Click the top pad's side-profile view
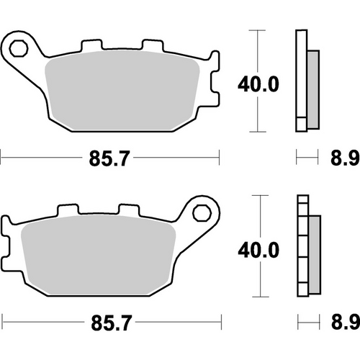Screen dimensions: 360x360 coord(306,81)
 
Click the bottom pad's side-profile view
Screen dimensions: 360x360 coord(306,246)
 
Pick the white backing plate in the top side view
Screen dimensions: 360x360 coord(301,81)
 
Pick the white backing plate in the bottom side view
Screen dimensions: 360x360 coord(301,246)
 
